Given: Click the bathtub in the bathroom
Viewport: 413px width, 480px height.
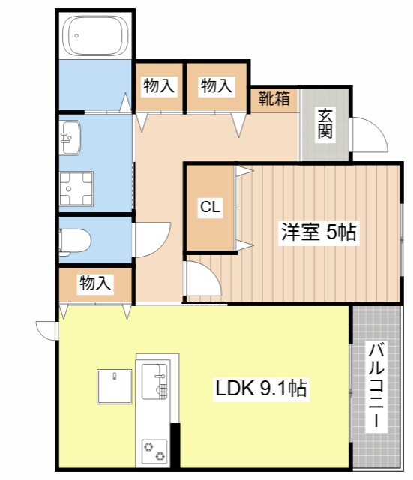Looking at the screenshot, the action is click(x=95, y=35).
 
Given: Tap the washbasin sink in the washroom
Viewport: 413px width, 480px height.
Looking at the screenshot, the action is click(x=70, y=137).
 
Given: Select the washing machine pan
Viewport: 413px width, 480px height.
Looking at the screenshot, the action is click(x=76, y=188).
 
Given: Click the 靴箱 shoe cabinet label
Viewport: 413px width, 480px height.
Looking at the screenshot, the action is click(x=274, y=98).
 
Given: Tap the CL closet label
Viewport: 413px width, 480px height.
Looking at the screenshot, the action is click(x=210, y=207).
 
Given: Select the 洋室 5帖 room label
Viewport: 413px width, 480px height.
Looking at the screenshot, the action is click(x=318, y=232).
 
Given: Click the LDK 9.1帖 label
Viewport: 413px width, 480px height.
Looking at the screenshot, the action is click(x=261, y=388).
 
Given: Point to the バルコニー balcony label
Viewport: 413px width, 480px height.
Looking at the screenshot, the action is click(x=376, y=385).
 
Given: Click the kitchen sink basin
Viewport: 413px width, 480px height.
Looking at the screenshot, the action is click(x=155, y=381).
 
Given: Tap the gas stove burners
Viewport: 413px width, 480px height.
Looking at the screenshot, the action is click(x=154, y=451).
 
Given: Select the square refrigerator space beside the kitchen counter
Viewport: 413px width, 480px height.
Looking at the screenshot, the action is click(x=115, y=387).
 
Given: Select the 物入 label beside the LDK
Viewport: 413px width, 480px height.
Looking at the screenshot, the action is click(x=95, y=283).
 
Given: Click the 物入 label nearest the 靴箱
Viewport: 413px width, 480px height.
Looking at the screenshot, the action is click(x=217, y=85).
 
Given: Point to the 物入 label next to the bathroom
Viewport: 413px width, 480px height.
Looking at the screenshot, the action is click(x=159, y=85).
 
